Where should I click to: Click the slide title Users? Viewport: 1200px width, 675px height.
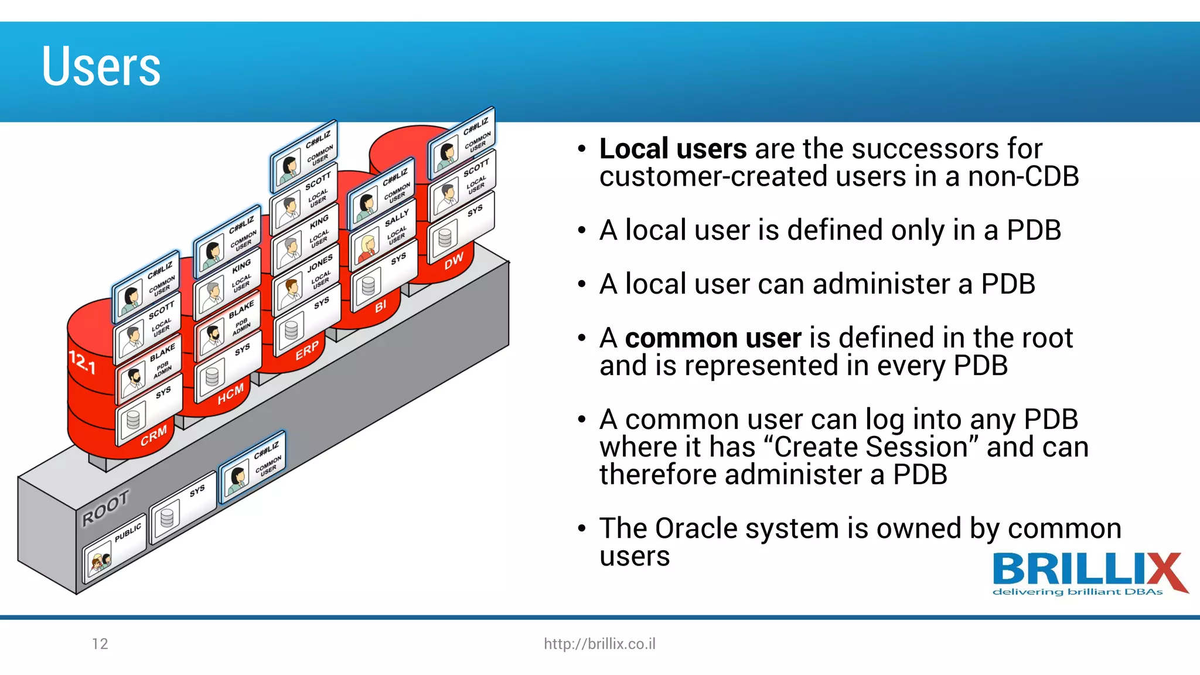tap(101, 67)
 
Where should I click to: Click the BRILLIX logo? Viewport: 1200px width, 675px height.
tap(1089, 574)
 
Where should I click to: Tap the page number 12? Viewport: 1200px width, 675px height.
tap(100, 644)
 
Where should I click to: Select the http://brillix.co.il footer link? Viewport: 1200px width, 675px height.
tap(599, 644)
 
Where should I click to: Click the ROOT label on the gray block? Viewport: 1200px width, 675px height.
tap(105, 508)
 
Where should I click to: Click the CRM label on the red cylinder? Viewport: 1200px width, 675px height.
tap(154, 435)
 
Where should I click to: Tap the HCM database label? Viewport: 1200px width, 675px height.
tap(230, 394)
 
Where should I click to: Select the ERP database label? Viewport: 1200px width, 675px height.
tap(307, 350)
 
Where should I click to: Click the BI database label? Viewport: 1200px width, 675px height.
tap(381, 306)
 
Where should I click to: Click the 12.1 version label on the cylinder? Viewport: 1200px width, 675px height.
tap(82, 362)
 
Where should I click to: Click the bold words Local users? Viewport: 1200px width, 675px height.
tap(673, 149)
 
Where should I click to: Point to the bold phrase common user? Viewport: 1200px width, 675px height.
tap(712, 338)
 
